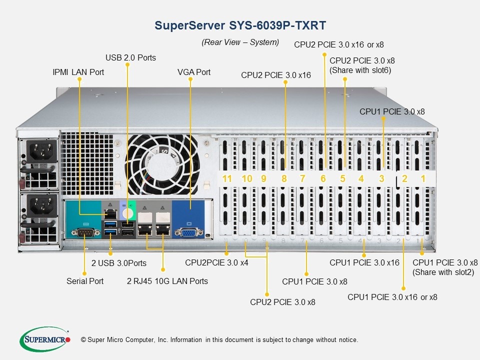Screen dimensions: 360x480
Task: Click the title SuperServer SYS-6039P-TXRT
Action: [240, 25]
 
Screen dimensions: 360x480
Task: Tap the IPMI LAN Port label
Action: [78, 72]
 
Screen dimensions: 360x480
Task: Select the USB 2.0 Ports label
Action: [130, 57]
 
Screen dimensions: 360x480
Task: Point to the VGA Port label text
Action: [194, 72]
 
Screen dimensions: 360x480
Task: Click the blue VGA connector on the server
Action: [188, 232]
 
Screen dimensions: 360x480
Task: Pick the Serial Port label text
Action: [85, 281]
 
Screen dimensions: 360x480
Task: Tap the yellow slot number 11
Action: [227, 178]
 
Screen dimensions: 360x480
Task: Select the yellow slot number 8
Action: [284, 178]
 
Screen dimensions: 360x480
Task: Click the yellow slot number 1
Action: [422, 178]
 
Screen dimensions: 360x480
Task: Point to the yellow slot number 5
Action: [342, 178]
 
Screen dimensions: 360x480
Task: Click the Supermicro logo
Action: [45, 339]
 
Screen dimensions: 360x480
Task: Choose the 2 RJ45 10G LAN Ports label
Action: [167, 281]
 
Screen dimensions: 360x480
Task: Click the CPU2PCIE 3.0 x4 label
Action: [216, 262]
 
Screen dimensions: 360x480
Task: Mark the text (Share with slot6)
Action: [360, 70]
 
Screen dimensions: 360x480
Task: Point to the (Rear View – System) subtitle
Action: [240, 42]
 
